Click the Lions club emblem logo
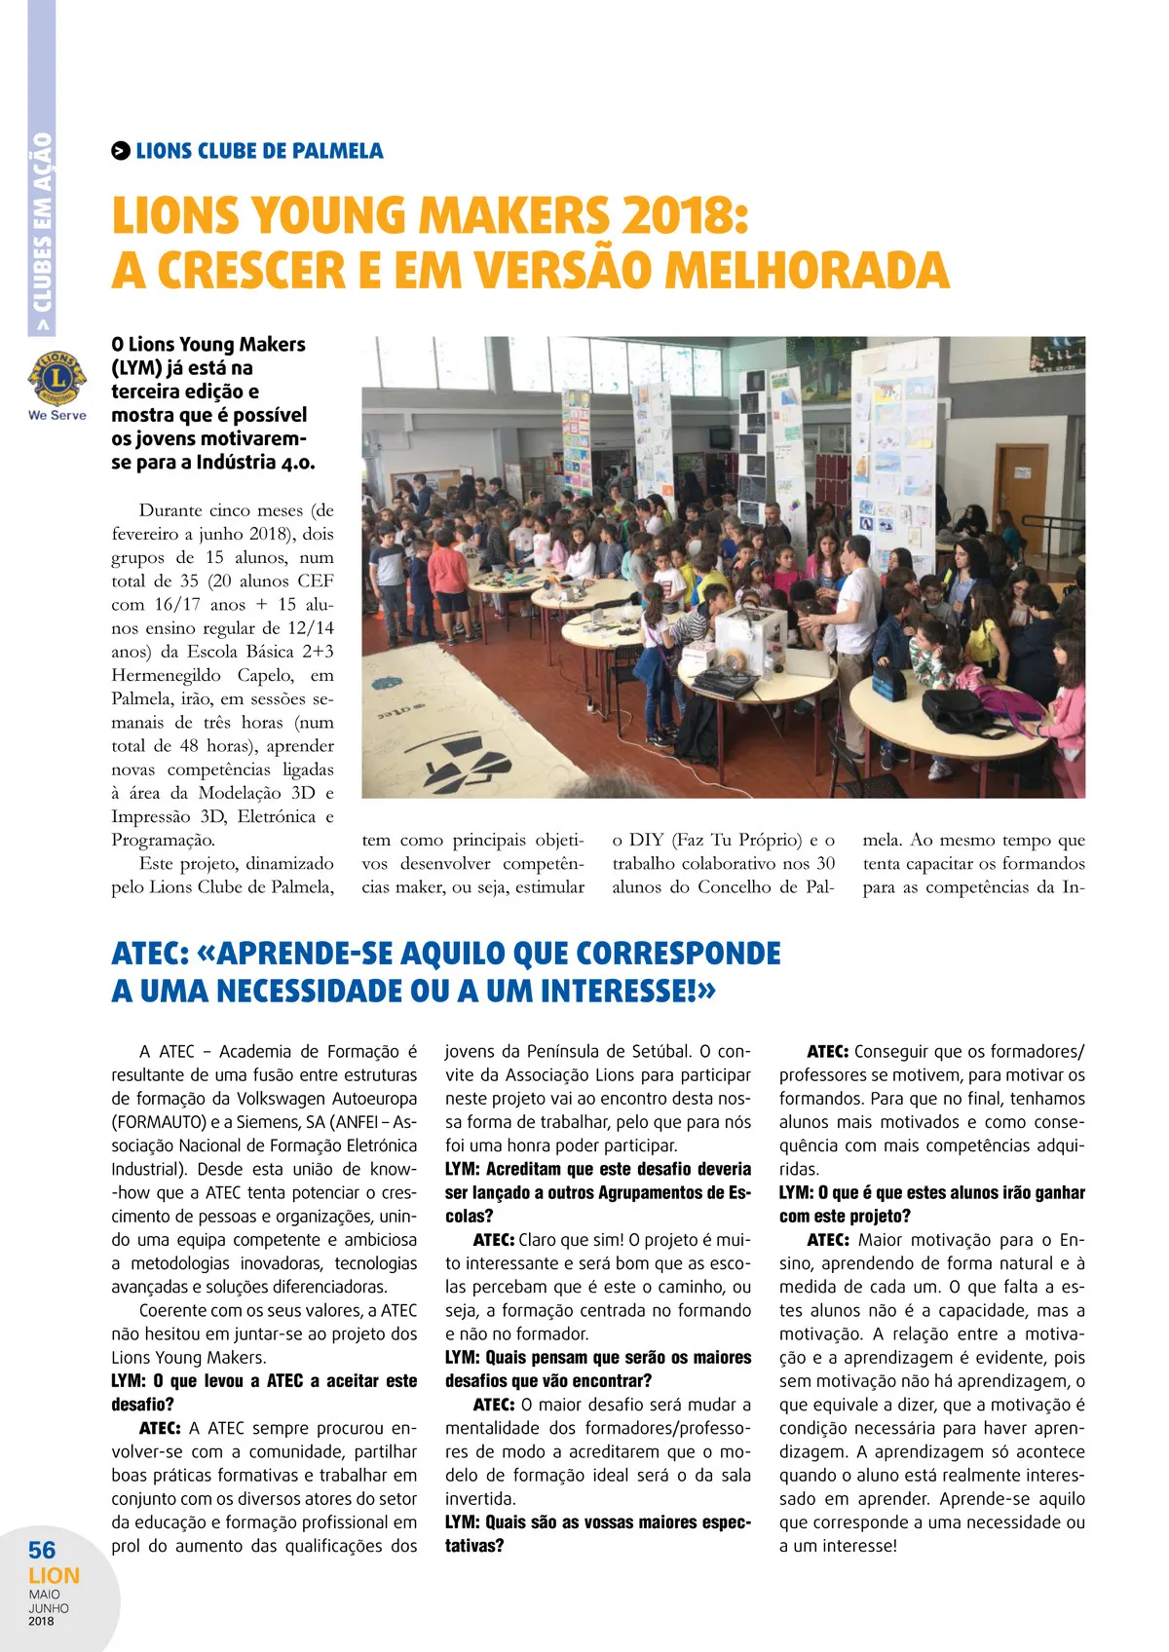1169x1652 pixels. pyautogui.click(x=57, y=379)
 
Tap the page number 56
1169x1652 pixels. pyautogui.click(x=42, y=1550)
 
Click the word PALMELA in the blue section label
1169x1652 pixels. pyautogui.click(x=338, y=151)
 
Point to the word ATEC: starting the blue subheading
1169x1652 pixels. pyautogui.click(x=150, y=953)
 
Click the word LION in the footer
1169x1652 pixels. pyautogui.click(x=54, y=1575)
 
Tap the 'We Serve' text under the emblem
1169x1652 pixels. pyautogui.click(x=57, y=415)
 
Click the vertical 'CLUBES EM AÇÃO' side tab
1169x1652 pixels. pyautogui.click(x=42, y=234)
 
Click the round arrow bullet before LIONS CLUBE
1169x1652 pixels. pyautogui.click(x=120, y=151)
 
